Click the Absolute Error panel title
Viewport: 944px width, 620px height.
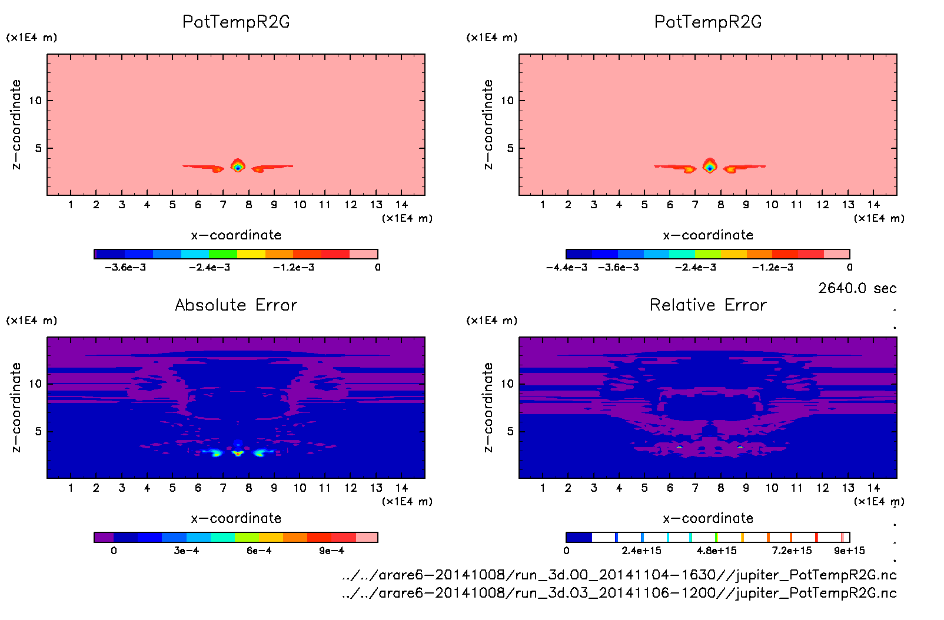tap(236, 305)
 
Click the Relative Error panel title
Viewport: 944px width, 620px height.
tap(708, 305)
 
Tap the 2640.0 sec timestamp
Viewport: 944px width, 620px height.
tap(857, 288)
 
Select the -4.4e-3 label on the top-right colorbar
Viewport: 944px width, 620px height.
tap(566, 268)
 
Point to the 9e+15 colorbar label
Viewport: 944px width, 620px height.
tap(849, 551)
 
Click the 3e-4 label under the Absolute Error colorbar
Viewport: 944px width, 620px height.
tap(186, 551)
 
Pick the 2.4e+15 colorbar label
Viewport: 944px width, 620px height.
tap(641, 551)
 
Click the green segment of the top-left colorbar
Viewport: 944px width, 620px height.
tap(223, 254)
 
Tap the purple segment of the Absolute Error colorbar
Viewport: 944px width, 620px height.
tap(104, 537)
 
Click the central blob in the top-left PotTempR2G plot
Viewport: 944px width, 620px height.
tap(238, 166)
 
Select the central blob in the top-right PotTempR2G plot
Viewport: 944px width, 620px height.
tap(710, 166)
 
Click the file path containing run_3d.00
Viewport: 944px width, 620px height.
tap(619, 575)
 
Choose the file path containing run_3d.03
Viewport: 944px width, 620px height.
tap(619, 593)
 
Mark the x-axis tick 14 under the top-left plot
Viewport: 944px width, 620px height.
tap(402, 205)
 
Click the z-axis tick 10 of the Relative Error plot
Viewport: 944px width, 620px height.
tap(507, 384)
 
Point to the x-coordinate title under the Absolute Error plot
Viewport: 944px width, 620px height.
tap(236, 518)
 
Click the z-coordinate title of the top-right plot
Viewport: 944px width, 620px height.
tap(488, 125)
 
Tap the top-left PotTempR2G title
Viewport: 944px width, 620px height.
tap(236, 22)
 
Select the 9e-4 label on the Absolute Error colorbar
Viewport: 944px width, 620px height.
tap(331, 551)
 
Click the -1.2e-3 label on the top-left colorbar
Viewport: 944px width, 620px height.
tap(293, 268)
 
